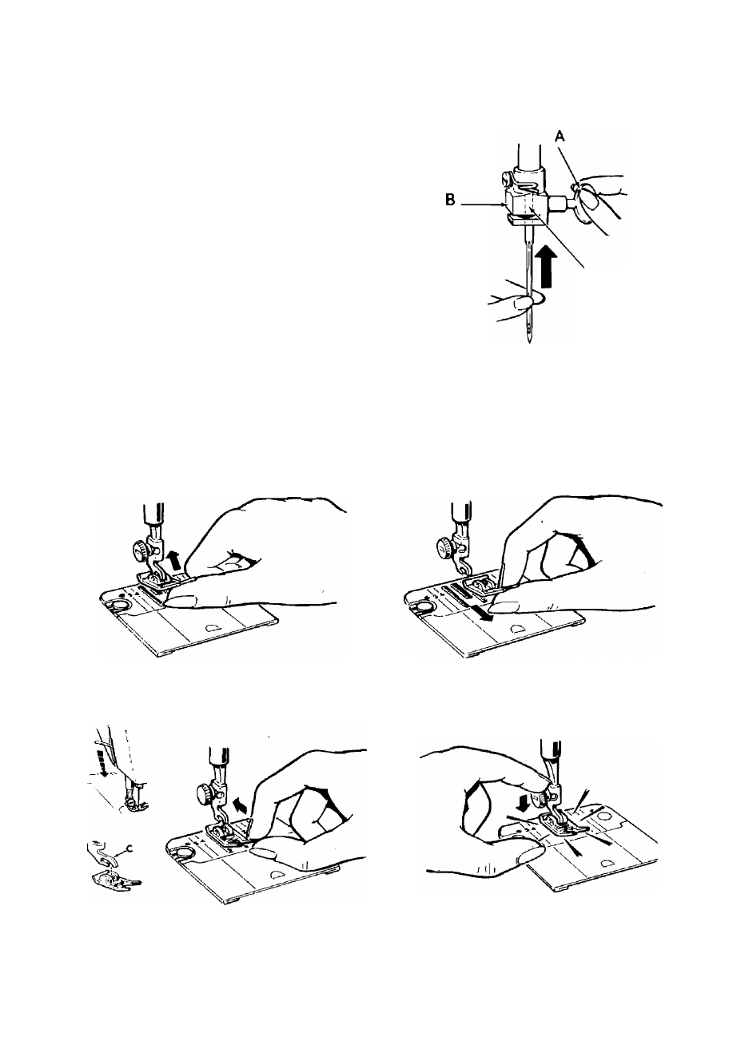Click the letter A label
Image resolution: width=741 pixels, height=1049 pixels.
(560, 137)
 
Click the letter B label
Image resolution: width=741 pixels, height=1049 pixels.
(450, 200)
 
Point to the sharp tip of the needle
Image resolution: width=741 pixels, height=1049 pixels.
(530, 342)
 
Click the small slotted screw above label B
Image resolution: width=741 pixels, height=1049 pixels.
(506, 177)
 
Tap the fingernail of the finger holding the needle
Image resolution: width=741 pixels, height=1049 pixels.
(522, 304)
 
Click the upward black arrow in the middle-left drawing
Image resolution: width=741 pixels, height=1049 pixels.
(174, 560)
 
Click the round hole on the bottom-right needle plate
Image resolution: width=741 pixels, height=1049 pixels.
(604, 817)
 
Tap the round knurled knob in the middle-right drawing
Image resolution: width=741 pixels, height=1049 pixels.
(444, 546)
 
